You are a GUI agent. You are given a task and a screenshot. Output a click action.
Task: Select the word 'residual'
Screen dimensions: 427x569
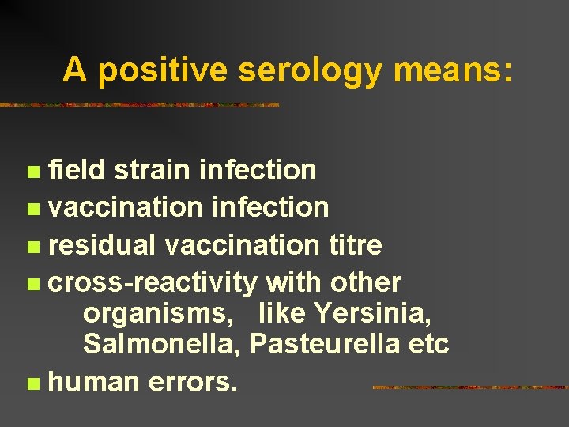[102, 245]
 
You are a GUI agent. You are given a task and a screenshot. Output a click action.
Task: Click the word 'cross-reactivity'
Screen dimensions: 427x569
[153, 282]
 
